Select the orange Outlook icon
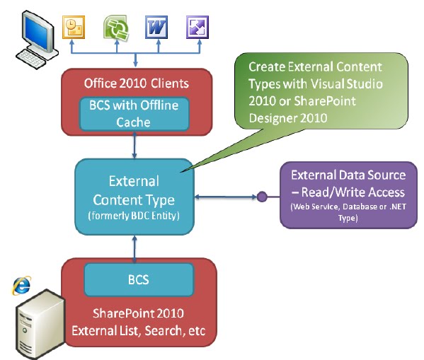[73, 28]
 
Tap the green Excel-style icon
[115, 28]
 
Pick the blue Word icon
[156, 28]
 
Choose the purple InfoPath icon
[197, 28]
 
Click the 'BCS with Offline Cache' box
[134, 114]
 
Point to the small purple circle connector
[261, 196]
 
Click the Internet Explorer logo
[21, 284]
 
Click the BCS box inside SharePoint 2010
[138, 279]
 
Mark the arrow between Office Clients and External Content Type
[134, 146]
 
